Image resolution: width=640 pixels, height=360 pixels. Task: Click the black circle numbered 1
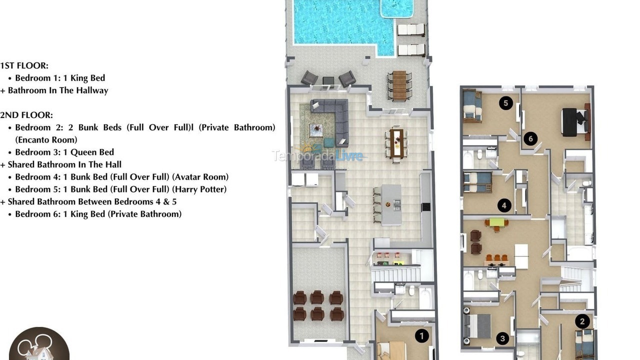421,336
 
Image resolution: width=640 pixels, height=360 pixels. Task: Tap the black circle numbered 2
582,321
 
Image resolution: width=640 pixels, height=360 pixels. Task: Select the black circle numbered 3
502,338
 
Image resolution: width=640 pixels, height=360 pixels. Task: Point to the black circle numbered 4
504,205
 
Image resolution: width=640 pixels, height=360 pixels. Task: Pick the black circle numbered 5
506,103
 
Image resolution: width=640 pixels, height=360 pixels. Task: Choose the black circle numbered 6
530,138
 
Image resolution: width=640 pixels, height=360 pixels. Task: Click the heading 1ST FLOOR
24,65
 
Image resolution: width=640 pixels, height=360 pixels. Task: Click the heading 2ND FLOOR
26,115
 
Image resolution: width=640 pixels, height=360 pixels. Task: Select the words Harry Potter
200,189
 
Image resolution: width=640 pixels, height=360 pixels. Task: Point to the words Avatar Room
202,177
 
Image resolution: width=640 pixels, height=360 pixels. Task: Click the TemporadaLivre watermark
317,155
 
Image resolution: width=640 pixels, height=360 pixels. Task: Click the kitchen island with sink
391,204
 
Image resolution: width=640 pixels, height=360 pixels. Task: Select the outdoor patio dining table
399,85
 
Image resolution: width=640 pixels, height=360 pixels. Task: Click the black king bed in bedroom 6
570,122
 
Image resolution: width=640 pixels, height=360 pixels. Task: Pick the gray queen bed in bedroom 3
479,326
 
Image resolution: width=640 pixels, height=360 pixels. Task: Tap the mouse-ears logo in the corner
39,345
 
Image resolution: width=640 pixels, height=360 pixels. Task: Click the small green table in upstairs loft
496,222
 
